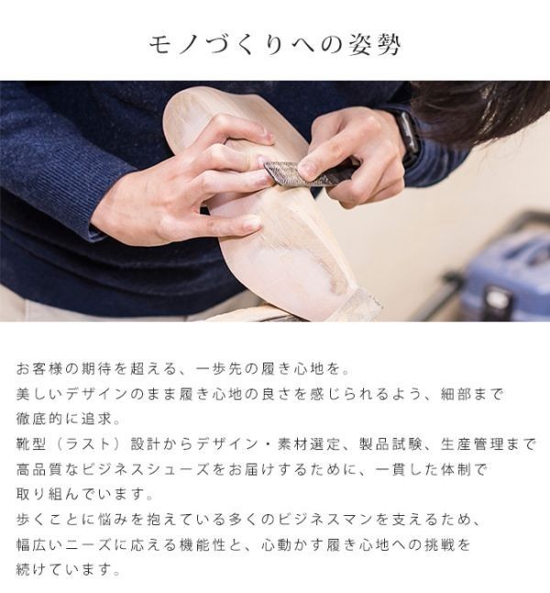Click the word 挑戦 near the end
coord(433,544)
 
